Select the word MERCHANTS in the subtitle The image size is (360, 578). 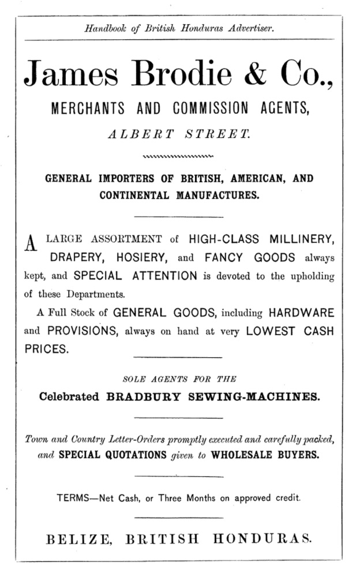pos(87,108)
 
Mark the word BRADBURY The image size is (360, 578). pos(147,397)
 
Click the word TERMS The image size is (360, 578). pos(76,497)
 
